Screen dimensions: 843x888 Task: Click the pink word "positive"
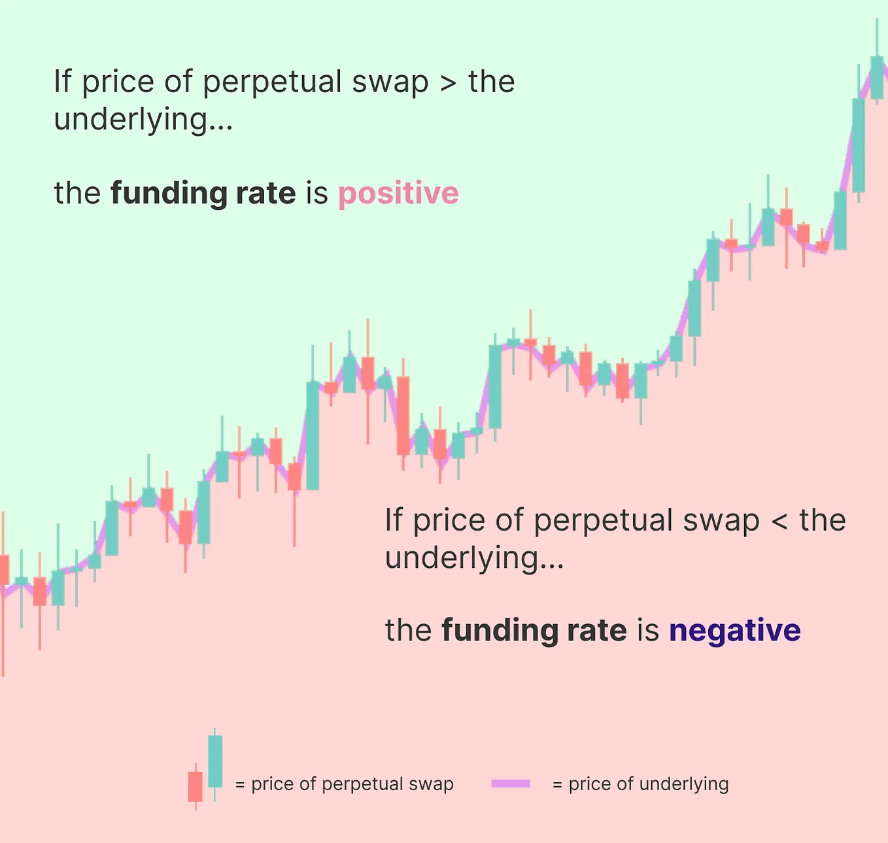point(398,193)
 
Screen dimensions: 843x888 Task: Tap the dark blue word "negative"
point(734,631)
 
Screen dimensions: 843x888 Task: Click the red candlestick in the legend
point(196,786)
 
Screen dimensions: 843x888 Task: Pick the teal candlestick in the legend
point(215,761)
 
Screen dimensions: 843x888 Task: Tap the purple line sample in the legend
point(511,784)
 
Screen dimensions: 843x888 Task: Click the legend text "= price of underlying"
point(640,784)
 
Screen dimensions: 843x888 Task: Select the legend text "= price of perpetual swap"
point(344,784)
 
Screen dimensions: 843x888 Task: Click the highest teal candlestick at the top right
point(877,78)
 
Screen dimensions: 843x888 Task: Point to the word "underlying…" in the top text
point(143,120)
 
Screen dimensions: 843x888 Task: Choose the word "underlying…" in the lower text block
point(474,558)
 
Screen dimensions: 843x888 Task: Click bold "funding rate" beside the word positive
point(203,193)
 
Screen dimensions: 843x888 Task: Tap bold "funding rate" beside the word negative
point(534,631)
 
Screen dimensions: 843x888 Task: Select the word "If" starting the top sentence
point(62,82)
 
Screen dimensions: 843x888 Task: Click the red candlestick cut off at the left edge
point(4,570)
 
